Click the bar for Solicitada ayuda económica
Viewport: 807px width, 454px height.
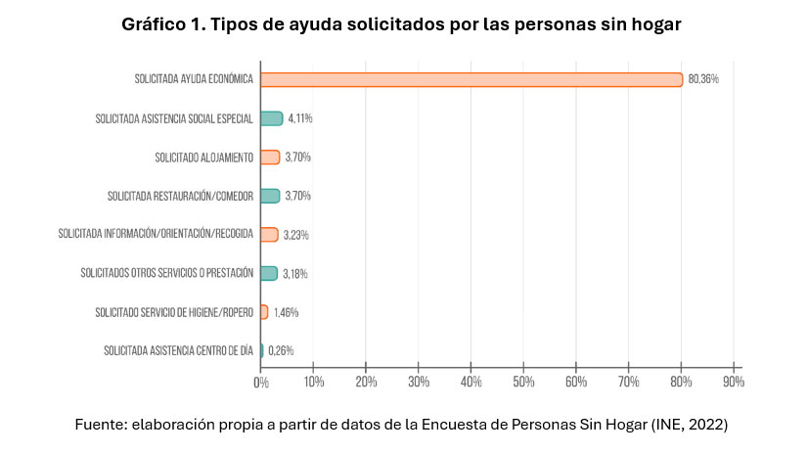coord(471,79)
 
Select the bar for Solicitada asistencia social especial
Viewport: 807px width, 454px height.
coord(271,118)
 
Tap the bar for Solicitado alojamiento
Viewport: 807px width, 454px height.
coord(270,157)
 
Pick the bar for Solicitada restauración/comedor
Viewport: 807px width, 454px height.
coord(270,196)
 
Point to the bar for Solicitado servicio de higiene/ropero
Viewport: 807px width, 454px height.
coord(264,312)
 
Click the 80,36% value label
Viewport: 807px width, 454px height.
coord(703,79)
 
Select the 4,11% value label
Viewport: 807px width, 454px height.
coord(299,118)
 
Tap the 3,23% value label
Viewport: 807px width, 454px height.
coord(295,235)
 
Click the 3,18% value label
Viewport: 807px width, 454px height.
coord(295,274)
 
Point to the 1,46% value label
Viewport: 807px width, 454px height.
coord(286,312)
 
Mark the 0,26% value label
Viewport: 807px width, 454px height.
coord(281,350)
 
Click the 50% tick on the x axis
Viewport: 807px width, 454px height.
coord(523,383)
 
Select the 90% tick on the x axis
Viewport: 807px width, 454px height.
coord(734,383)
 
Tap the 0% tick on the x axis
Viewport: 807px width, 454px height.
coord(261,383)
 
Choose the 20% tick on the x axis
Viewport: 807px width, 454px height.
coord(366,383)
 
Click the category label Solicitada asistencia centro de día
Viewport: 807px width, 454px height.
coord(178,350)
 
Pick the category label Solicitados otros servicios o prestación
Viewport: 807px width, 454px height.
coord(167,273)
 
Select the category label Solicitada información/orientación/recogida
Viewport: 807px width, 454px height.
coord(156,234)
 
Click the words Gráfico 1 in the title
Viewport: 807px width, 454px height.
coord(161,25)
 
